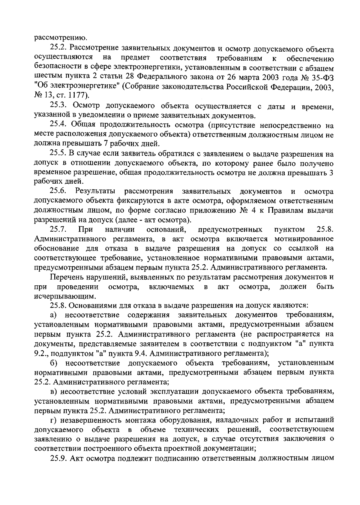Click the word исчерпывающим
[65, 297]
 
